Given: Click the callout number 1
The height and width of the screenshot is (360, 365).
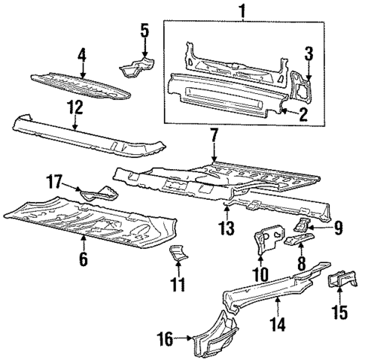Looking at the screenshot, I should point(242,11).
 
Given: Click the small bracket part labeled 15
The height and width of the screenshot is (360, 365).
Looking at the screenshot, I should point(340,285).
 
